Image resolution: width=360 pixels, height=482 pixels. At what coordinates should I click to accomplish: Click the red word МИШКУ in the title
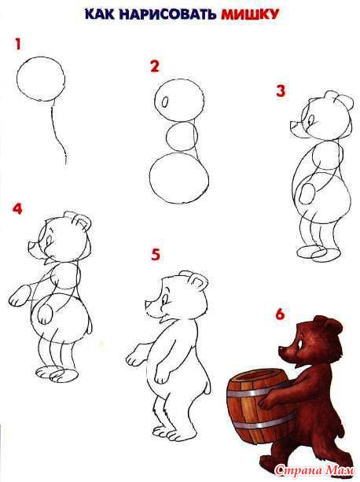[x=250, y=14]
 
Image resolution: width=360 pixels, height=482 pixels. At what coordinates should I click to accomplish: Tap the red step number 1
[x=18, y=44]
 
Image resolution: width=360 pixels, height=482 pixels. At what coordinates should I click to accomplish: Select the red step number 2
[x=155, y=66]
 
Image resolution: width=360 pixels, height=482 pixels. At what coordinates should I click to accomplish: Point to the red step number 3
[x=281, y=91]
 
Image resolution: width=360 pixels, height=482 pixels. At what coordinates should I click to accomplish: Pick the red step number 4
[x=17, y=208]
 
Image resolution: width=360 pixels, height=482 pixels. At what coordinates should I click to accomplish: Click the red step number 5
[x=156, y=255]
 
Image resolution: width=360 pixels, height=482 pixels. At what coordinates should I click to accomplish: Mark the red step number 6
[x=280, y=315]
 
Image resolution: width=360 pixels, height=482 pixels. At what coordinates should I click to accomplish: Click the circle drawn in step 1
[x=41, y=57]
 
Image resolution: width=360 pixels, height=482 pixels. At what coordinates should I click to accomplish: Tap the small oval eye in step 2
[x=165, y=101]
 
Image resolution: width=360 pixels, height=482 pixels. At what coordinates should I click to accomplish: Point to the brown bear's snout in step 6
[x=285, y=351]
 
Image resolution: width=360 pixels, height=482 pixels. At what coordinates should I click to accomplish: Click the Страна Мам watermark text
[x=314, y=470]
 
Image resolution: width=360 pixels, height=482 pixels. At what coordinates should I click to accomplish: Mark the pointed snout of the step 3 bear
[x=296, y=127]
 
